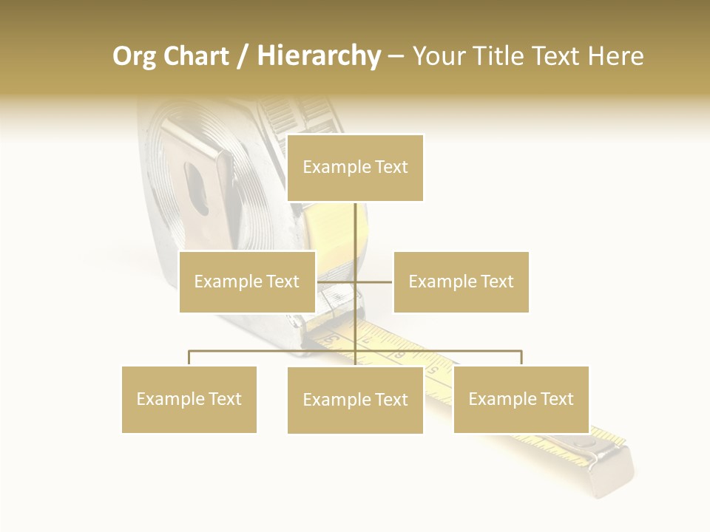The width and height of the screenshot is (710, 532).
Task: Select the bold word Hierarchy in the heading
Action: (319, 56)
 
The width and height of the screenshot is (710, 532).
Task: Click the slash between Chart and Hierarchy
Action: (243, 57)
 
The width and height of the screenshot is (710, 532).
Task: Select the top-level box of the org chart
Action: (355, 168)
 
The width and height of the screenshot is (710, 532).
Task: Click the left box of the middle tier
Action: (247, 282)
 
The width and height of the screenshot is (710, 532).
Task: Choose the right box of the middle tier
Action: (461, 282)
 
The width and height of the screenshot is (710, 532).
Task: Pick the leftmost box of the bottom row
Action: (189, 399)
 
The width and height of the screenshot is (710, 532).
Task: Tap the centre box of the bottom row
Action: (355, 400)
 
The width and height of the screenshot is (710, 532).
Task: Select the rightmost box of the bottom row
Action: (521, 399)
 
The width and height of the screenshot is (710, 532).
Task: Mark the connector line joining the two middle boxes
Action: (355, 282)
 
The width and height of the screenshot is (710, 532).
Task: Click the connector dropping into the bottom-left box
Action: (189, 358)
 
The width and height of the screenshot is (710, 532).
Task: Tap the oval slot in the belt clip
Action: (197, 188)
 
